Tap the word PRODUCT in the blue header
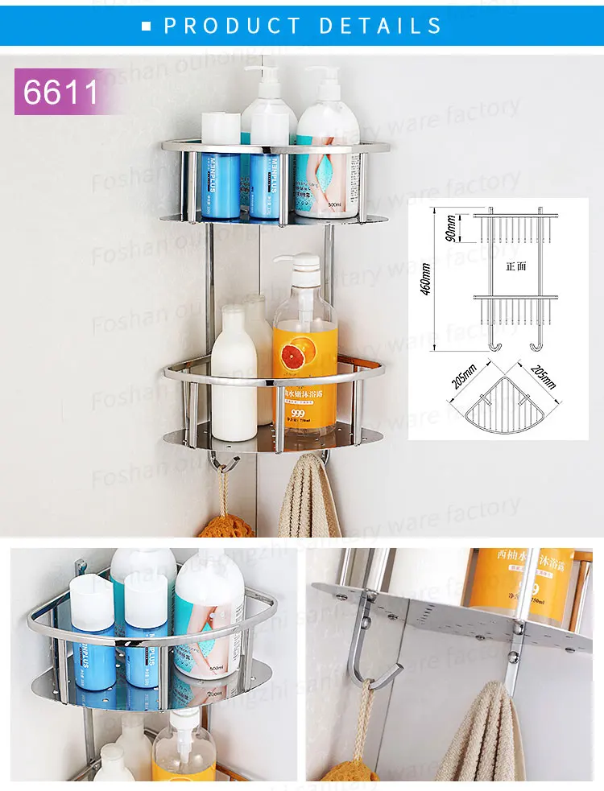[230, 26]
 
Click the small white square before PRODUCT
[147, 27]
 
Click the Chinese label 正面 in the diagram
[516, 266]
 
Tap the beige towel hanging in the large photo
[309, 499]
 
